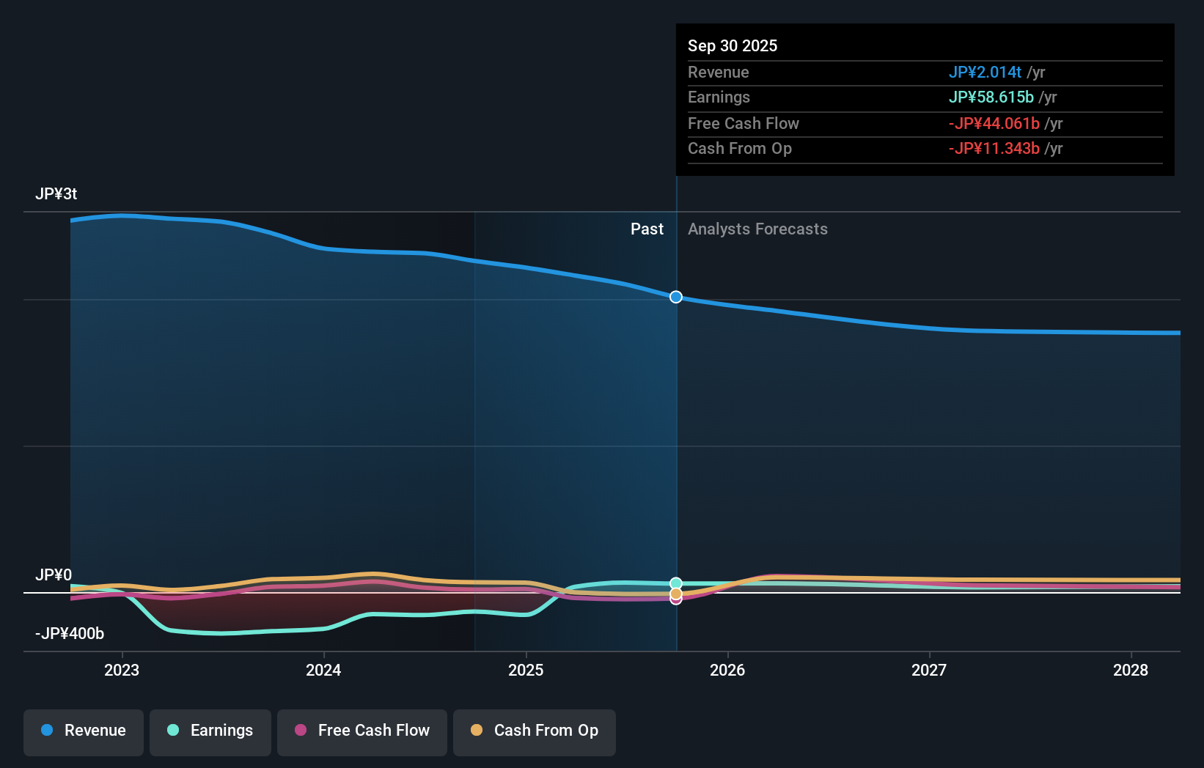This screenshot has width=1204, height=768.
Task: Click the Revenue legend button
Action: pos(84,731)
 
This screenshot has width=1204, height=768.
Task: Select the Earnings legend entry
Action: pos(210,731)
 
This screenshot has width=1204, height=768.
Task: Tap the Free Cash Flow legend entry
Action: pos(362,731)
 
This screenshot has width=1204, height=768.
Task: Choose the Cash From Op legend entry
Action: pos(535,731)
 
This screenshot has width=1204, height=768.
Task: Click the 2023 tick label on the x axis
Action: pos(122,670)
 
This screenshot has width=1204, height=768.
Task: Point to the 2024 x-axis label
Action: pos(323,670)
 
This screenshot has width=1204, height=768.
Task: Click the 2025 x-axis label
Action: pos(526,670)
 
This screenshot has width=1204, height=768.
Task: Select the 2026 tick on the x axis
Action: pos(727,670)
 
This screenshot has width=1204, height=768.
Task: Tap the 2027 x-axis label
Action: pos(929,670)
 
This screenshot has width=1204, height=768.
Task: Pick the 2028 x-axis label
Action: pos(1131,670)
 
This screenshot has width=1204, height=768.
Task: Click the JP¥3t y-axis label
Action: pos(56,194)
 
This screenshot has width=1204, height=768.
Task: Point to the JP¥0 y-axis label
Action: pos(54,575)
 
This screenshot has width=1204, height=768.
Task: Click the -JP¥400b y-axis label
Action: pos(70,634)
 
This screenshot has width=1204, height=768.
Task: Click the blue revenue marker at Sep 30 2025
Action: pos(676,297)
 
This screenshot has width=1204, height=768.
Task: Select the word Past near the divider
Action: pos(647,229)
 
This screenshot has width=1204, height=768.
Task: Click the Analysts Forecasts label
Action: pos(757,229)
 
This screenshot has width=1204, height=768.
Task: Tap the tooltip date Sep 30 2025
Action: pos(733,45)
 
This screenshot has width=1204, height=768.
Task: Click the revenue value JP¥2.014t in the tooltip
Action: pos(985,72)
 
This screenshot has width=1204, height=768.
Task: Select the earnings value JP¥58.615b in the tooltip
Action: pos(991,97)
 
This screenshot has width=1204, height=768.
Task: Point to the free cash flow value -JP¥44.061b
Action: pos(994,123)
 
